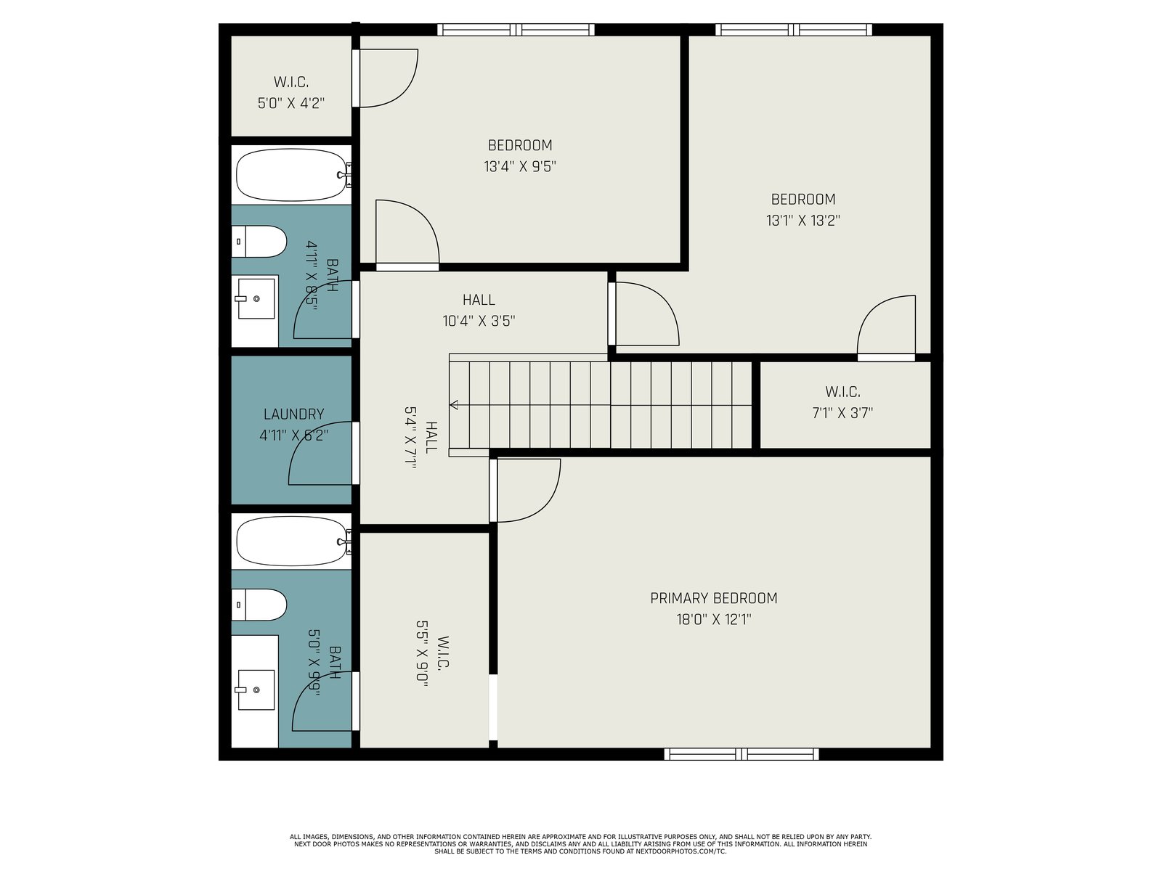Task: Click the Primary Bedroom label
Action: tap(714, 598)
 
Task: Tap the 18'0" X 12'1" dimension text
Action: tap(714, 619)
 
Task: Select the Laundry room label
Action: tap(294, 414)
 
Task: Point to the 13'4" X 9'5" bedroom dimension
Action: tap(520, 167)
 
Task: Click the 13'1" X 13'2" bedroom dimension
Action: tap(803, 221)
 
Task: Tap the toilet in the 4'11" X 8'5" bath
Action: tap(259, 242)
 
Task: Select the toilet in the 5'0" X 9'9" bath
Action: tap(259, 605)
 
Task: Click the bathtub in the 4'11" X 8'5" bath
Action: tap(292, 174)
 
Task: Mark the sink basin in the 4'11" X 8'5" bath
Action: tap(256, 299)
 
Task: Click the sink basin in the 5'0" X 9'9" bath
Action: tap(256, 690)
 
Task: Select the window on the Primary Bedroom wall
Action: tap(742, 753)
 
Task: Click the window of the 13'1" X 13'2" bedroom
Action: tap(794, 30)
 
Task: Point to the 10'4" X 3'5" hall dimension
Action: tap(479, 321)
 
